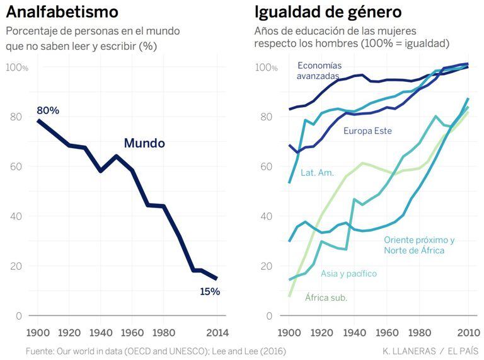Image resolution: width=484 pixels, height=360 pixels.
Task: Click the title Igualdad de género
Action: click(328, 11)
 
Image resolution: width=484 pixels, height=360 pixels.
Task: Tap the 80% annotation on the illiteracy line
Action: click(48, 110)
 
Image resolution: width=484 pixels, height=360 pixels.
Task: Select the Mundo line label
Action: click(144, 143)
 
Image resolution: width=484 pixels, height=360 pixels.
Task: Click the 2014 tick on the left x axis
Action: click(217, 332)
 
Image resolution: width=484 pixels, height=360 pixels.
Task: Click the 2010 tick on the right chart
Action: click(468, 332)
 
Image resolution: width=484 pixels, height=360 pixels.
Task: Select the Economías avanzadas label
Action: click(319, 71)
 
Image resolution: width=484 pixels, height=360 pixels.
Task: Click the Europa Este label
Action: click(367, 131)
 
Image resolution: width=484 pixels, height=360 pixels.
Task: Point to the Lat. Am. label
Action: click(317, 172)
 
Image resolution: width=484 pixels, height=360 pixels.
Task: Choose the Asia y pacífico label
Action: click(349, 274)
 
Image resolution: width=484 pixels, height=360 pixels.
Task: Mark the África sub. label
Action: click(326, 297)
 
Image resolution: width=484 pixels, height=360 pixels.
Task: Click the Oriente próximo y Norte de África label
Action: click(419, 245)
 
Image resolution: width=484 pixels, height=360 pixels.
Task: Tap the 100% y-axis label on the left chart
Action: click(17, 67)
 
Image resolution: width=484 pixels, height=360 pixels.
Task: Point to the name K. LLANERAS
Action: click(409, 351)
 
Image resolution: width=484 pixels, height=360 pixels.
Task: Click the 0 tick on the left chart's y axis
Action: click(18, 316)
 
